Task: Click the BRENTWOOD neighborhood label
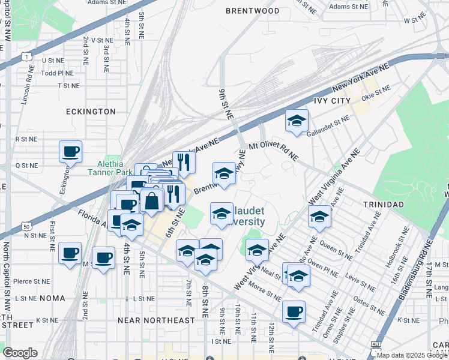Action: click(252, 11)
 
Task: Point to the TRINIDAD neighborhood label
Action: click(384, 205)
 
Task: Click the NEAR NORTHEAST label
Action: click(156, 320)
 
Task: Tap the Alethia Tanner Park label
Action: click(115, 168)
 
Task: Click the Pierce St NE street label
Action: click(31, 281)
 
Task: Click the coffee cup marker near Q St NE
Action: click(70, 151)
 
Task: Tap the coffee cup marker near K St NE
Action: click(294, 311)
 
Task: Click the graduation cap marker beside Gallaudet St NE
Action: click(297, 121)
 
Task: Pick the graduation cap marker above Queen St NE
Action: click(319, 217)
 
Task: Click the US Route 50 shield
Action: click(25, 226)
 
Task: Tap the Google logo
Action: click(20, 352)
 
